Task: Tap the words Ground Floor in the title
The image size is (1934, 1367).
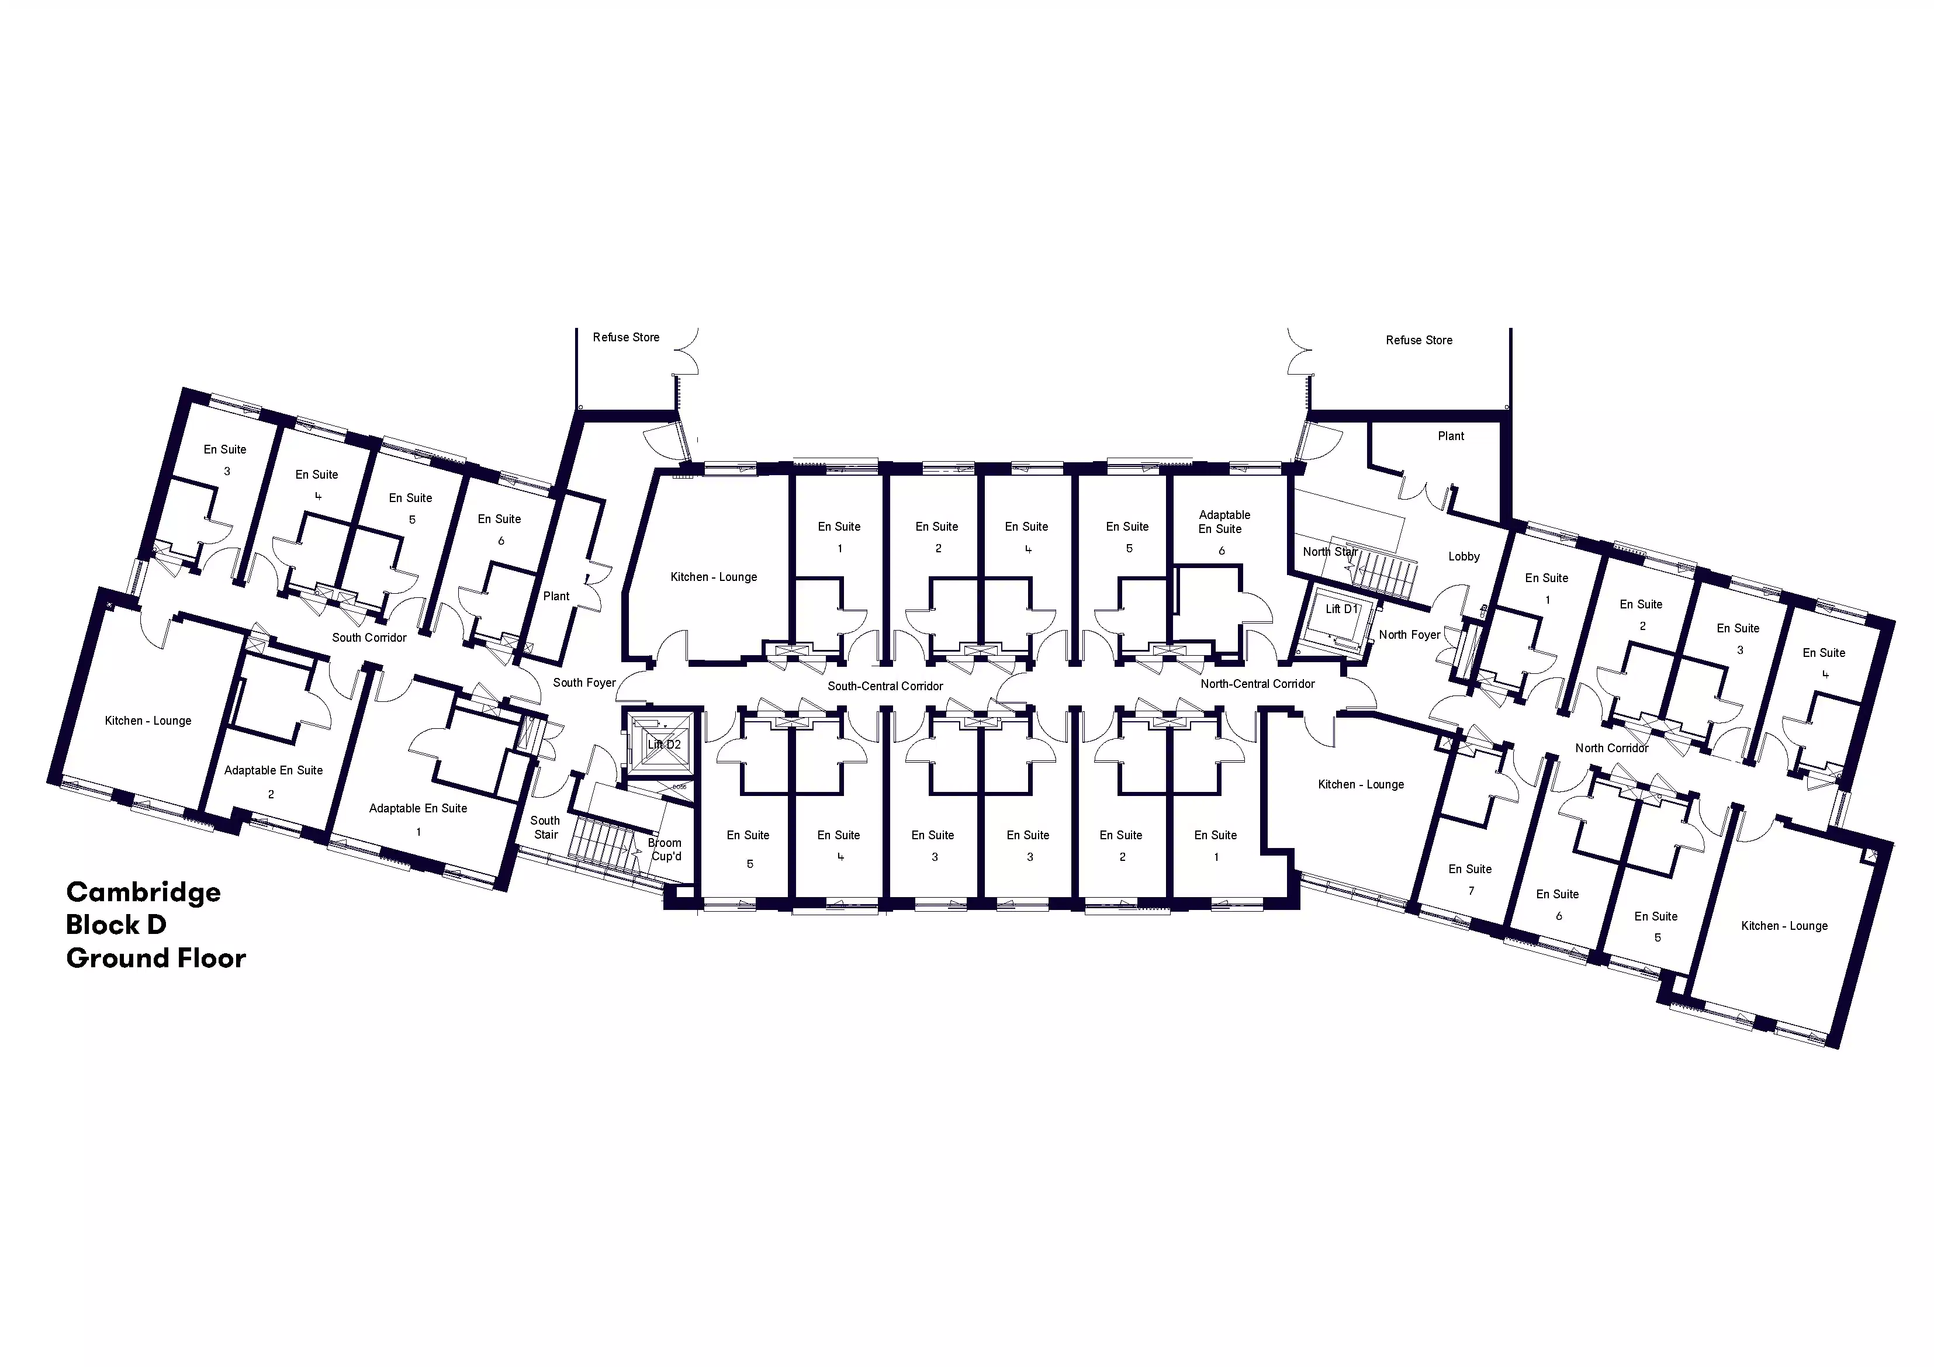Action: (156, 958)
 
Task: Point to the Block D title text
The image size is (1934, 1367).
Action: (116, 925)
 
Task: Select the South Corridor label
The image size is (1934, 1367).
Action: (369, 638)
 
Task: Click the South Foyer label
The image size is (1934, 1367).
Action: (584, 683)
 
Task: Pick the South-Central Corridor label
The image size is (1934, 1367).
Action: (885, 687)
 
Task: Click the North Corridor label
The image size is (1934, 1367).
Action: (1611, 748)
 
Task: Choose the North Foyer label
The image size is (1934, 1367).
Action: (1409, 635)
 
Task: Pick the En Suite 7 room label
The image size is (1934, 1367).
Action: (1470, 880)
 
